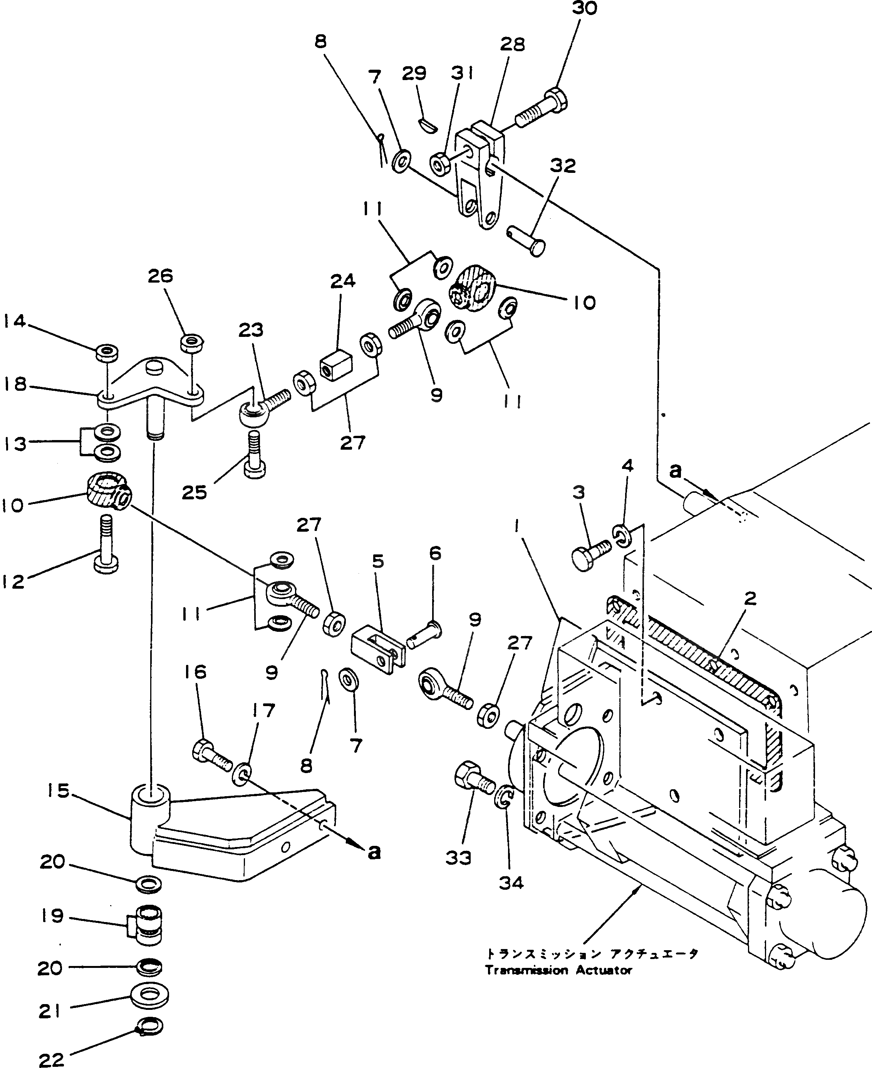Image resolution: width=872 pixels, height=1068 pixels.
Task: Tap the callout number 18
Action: click(15, 385)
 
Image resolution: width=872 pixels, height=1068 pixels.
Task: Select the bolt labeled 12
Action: click(106, 544)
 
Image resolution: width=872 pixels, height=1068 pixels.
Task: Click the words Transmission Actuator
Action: click(558, 970)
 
